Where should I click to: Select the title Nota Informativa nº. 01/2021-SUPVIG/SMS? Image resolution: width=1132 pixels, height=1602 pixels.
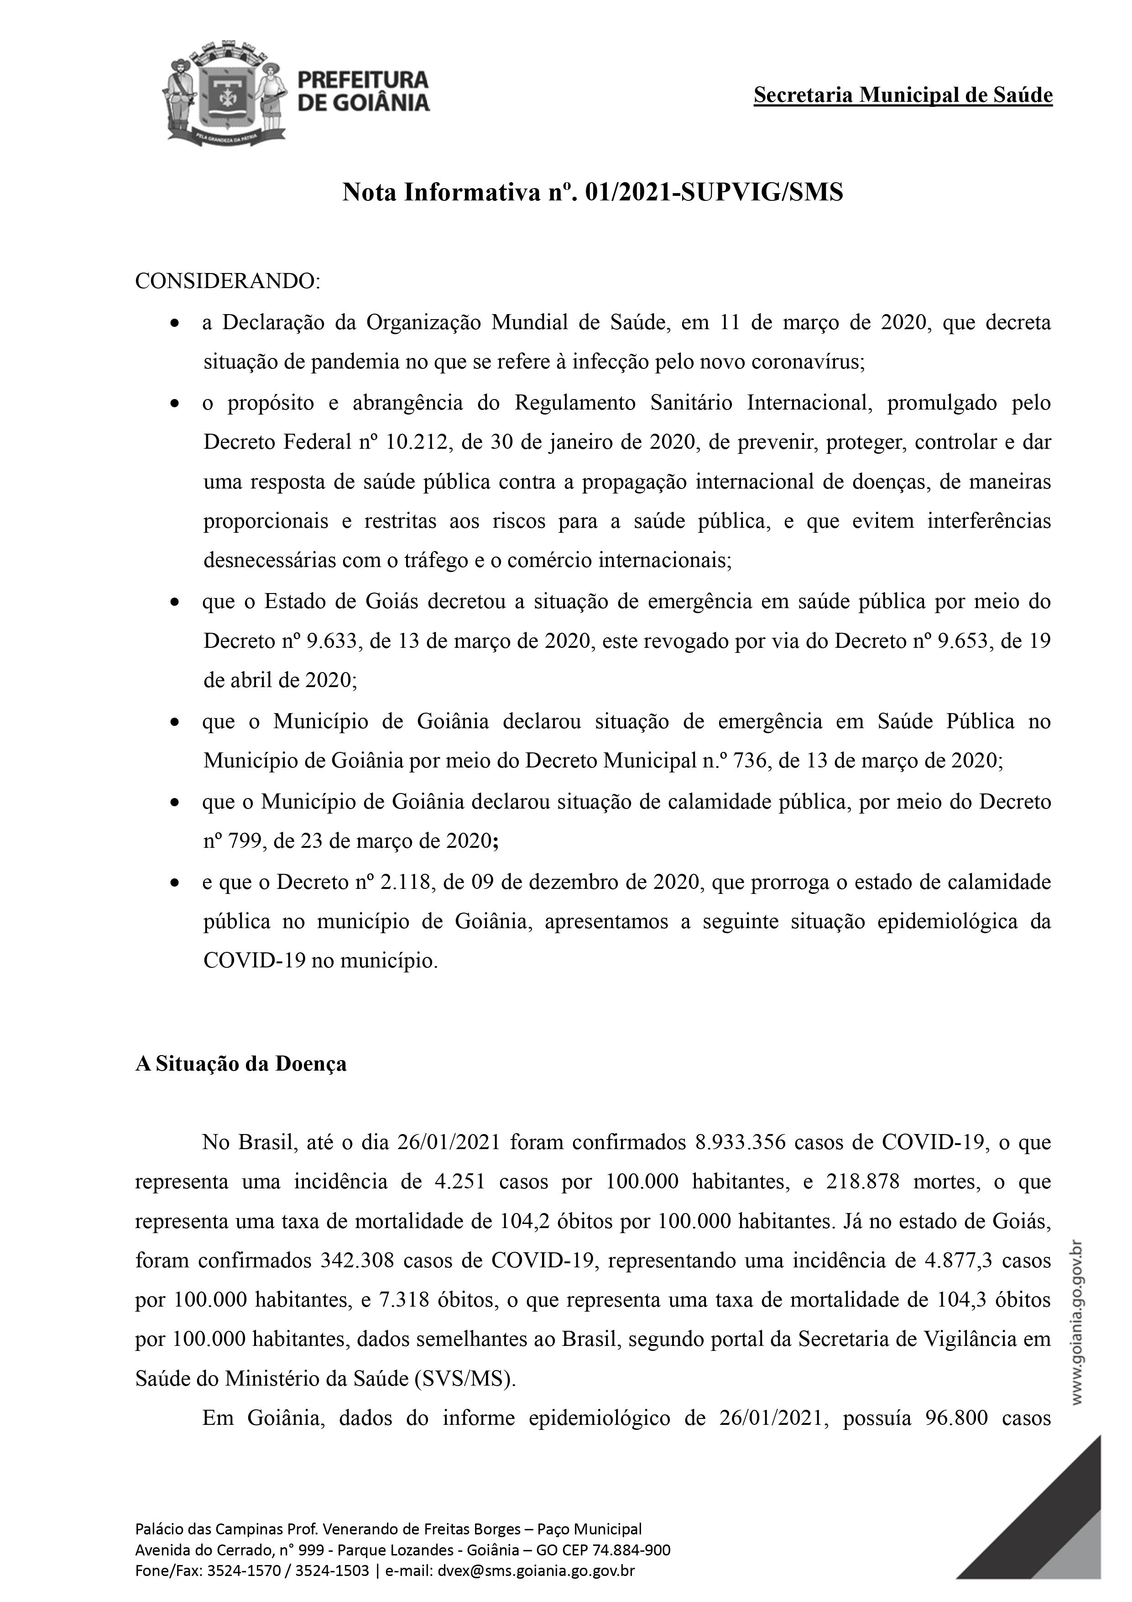592,192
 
